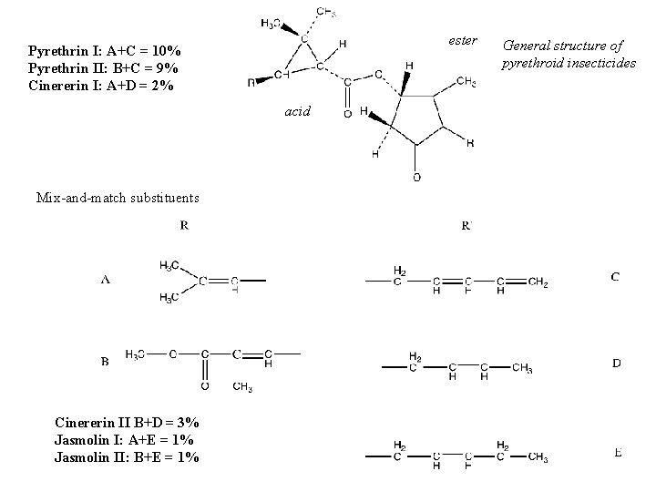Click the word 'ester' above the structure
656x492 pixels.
pos(463,40)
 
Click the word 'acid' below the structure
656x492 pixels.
pos(297,110)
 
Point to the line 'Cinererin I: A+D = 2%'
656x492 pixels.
pos(101,85)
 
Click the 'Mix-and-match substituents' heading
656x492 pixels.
pos(105,197)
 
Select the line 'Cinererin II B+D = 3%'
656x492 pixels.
pos(127,423)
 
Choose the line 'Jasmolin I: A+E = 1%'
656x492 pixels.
pos(123,440)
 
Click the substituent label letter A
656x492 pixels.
pos(106,280)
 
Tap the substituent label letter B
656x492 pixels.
pos(106,361)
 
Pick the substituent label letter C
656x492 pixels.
pos(616,276)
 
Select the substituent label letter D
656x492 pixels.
pos(617,363)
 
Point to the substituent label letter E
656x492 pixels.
pos(619,452)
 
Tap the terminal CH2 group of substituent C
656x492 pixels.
pos(538,283)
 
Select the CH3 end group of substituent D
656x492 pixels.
pos(522,367)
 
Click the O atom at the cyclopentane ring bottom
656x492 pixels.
pos(416,177)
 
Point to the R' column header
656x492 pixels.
pos(466,224)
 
